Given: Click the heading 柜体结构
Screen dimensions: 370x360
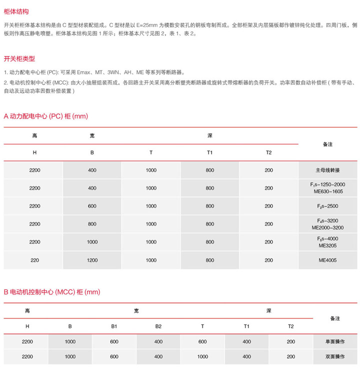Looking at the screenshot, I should click(15, 10).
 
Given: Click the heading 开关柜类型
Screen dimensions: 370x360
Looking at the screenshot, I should click(19, 58).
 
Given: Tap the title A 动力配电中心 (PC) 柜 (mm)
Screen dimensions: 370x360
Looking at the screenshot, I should click(45, 116).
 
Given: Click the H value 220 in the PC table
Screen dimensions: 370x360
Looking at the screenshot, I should click(34, 260).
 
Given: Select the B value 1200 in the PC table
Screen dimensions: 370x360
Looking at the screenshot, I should click(92, 260).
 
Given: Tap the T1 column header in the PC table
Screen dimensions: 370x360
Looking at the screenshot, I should click(209, 152).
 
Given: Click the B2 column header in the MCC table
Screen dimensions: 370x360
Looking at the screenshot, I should click(158, 326).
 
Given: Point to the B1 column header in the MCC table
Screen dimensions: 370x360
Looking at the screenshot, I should click(114, 326).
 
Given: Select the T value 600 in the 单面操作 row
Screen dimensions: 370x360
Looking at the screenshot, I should click(202, 342).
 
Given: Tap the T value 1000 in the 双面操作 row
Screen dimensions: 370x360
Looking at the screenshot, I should click(202, 356).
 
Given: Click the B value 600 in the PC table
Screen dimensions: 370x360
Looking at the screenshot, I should click(92, 206).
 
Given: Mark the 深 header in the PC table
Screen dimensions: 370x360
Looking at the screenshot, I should click(209, 135).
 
